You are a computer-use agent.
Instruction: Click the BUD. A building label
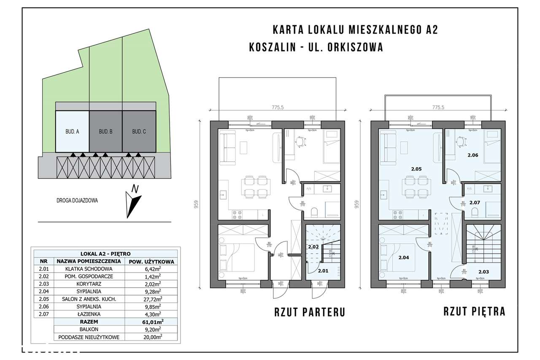click(x=72, y=132)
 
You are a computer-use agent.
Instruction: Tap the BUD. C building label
click(x=139, y=132)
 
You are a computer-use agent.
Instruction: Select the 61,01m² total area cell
click(x=150, y=322)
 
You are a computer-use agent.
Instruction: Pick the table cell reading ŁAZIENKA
click(x=89, y=314)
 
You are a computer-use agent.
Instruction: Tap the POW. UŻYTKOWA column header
click(x=150, y=261)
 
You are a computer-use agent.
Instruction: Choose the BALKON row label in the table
click(x=89, y=329)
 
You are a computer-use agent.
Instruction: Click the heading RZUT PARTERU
click(x=309, y=313)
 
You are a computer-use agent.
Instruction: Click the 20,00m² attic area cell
click(x=150, y=337)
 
